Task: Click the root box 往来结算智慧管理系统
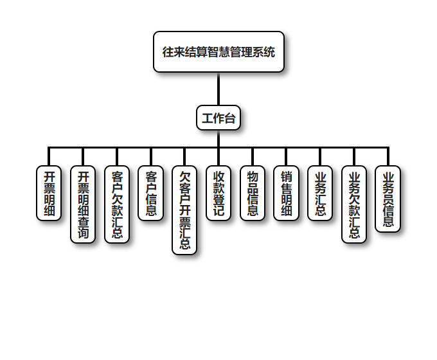coord(219,51)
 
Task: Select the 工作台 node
coord(219,118)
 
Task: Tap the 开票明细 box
coord(49,193)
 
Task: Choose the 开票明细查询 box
coord(83,204)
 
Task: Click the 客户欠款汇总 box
coord(117,204)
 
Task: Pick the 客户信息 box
coord(151,193)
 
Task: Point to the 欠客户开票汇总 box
coord(185,210)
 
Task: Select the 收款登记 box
coord(219,193)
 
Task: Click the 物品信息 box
coord(253,193)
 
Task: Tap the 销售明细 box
coord(287,193)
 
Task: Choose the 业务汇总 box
coord(320,193)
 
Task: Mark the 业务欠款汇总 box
coord(354,204)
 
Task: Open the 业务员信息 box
coord(388,199)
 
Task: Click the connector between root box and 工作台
coord(219,89)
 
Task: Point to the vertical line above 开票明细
coord(49,157)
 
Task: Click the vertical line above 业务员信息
coord(388,157)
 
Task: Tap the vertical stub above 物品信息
coord(253,157)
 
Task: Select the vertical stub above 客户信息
coord(151,157)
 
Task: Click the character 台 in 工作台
coord(229,118)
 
